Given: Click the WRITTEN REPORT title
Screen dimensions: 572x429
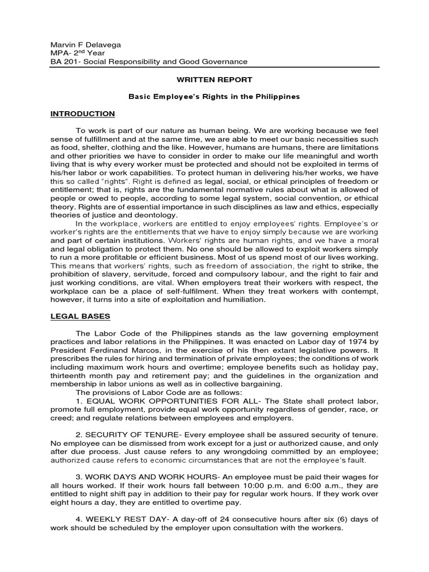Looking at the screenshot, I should click(214, 80).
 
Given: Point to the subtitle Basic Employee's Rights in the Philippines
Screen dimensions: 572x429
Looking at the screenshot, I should click(214, 97).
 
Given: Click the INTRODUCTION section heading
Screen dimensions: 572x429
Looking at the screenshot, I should click(83, 114).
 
